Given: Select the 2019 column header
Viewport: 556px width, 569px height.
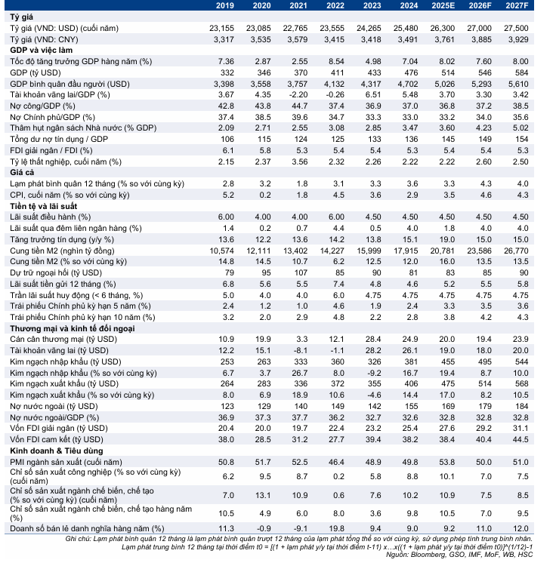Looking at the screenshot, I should point(225,5).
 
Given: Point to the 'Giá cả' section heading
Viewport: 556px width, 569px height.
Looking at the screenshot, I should point(23,172).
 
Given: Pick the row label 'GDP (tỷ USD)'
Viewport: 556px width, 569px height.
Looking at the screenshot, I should point(36,72).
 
